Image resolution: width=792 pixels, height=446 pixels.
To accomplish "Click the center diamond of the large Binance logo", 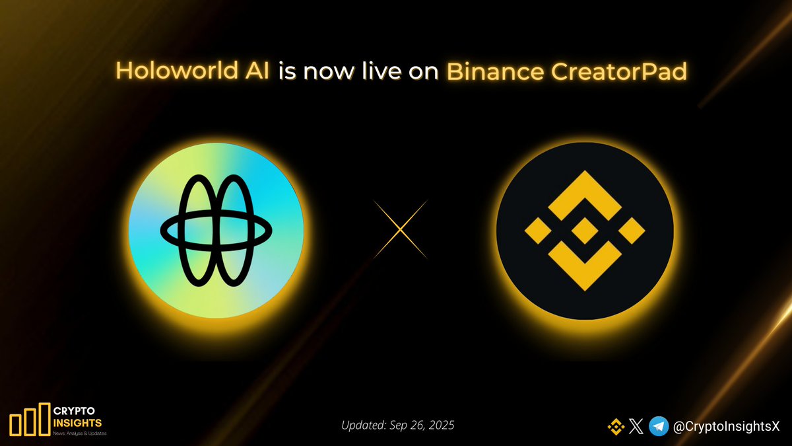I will [585, 231].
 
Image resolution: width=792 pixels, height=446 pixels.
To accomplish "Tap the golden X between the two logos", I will [401, 229].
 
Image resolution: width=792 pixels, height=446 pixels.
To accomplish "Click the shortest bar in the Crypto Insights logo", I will [15, 424].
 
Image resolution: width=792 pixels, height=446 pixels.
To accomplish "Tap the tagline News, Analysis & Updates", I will [79, 433].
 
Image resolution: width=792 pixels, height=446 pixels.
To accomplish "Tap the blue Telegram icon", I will [659, 427].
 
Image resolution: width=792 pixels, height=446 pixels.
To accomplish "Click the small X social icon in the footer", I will [636, 427].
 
